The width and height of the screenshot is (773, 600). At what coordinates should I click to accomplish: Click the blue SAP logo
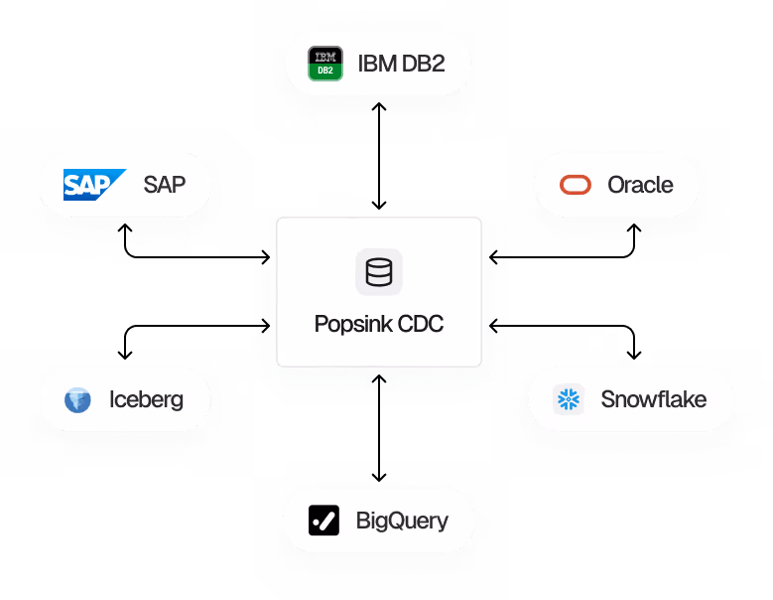(x=94, y=184)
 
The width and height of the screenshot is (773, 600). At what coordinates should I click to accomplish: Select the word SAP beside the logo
(x=164, y=184)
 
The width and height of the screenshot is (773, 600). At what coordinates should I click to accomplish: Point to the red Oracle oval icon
(x=576, y=185)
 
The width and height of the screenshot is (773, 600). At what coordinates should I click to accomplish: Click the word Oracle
(x=640, y=185)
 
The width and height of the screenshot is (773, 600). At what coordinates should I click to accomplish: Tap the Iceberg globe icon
(x=77, y=400)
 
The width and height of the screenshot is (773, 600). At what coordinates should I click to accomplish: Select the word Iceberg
(x=146, y=400)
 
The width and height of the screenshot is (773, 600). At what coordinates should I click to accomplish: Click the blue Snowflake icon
(x=569, y=399)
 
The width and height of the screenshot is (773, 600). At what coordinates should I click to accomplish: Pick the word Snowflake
(x=653, y=399)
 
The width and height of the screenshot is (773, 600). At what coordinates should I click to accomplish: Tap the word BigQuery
(x=402, y=521)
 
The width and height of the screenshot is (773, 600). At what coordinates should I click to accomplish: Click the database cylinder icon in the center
(x=378, y=272)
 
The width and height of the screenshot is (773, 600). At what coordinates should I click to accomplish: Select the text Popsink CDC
(x=378, y=324)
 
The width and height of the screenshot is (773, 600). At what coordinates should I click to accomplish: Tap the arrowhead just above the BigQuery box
(x=379, y=476)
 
